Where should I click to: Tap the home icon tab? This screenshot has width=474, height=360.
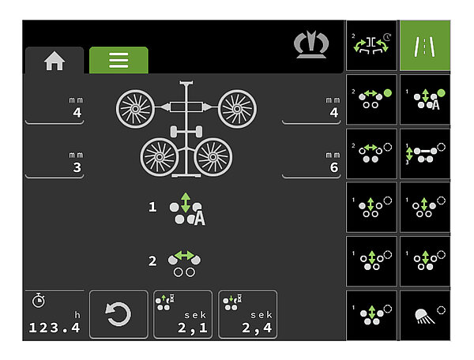55,61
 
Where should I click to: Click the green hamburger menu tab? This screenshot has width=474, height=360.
118,60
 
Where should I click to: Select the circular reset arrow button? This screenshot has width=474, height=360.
118,314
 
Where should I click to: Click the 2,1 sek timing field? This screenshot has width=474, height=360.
183,314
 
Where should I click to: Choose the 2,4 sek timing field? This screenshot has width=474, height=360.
247,314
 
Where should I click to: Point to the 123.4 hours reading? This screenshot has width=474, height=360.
55,328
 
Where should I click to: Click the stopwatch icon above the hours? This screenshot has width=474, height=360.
39,301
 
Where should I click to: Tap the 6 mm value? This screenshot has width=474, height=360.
333,167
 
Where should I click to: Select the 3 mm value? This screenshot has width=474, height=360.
77,167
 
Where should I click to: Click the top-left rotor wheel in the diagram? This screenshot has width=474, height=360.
135,109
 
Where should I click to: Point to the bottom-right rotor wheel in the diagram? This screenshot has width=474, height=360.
213,157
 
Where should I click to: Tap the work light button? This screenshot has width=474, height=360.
425,316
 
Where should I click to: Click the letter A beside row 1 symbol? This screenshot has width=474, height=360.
200,218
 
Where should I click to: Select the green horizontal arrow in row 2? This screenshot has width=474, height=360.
184,256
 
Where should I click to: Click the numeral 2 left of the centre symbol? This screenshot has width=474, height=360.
152,261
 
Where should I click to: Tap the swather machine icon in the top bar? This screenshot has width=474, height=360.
311,44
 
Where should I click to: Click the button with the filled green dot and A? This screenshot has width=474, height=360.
425,99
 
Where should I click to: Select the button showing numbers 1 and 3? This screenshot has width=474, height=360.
425,154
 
